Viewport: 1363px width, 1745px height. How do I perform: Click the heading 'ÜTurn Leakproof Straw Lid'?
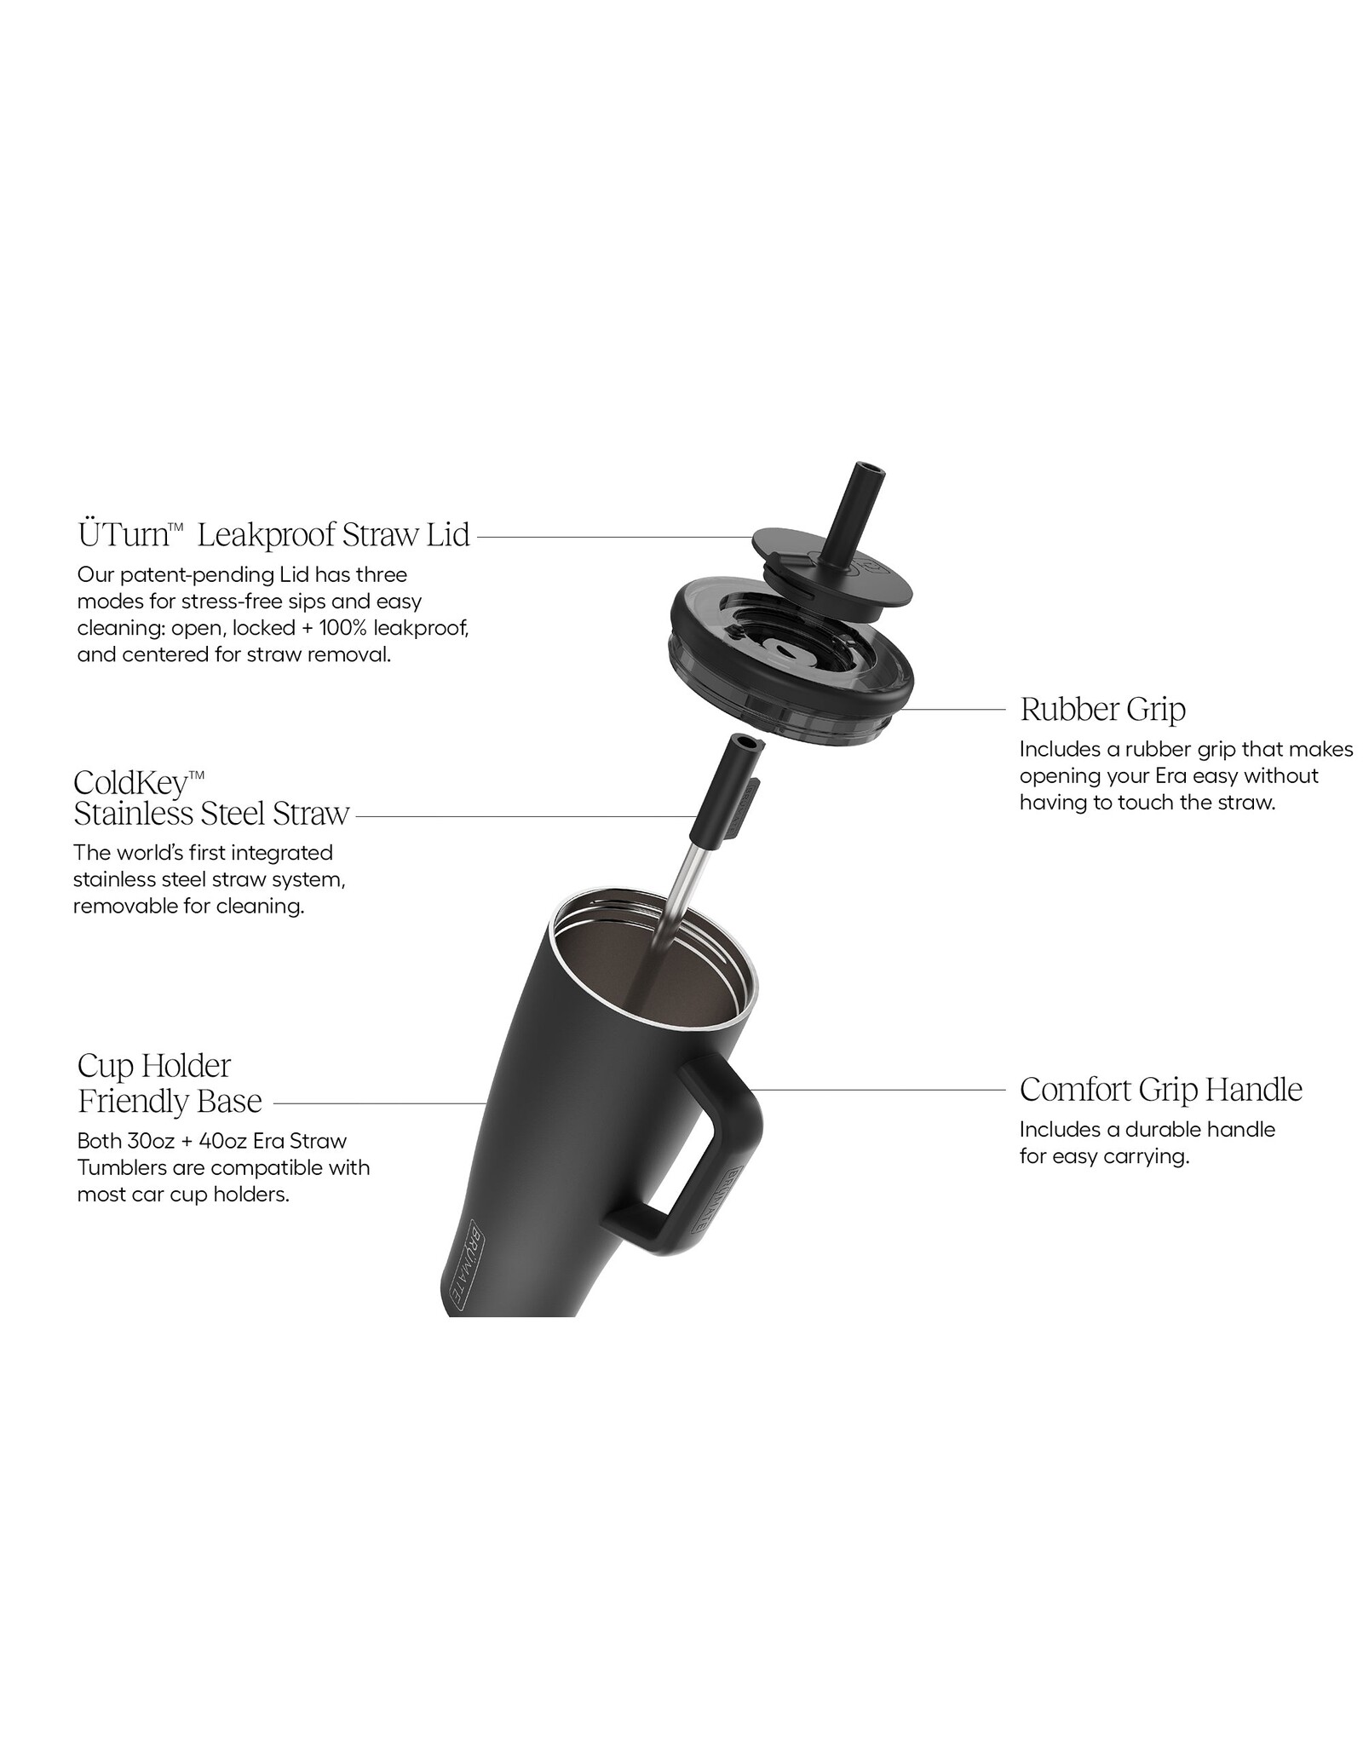[273, 535]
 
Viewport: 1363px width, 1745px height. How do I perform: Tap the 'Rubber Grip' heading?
[1103, 709]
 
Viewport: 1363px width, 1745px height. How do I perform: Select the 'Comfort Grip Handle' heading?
[1161, 1089]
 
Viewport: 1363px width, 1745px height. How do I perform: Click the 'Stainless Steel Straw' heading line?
[211, 814]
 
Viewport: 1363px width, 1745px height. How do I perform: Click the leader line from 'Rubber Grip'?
[951, 709]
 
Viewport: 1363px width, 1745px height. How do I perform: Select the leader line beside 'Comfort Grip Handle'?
[878, 1089]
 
